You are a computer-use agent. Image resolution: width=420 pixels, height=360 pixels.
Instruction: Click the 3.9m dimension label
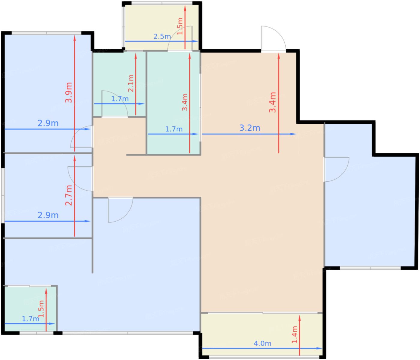(x=69, y=92)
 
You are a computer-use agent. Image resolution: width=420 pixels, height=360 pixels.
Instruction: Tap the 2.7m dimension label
(x=69, y=195)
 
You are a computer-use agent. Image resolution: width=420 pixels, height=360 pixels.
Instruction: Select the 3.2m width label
(x=250, y=128)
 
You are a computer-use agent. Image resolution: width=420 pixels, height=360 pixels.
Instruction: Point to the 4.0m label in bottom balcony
(x=262, y=343)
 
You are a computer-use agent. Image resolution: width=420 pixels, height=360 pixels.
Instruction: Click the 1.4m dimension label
(x=295, y=334)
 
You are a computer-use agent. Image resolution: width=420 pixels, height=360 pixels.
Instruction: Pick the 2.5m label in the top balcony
(x=162, y=37)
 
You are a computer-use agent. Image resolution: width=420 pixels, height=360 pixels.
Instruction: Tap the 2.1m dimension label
(x=131, y=83)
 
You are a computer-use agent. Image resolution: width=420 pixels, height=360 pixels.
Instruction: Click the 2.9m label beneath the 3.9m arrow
(x=48, y=123)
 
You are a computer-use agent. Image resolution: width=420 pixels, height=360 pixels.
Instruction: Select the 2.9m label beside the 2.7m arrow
(x=48, y=215)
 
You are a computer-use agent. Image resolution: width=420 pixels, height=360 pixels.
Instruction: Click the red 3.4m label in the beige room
(x=272, y=102)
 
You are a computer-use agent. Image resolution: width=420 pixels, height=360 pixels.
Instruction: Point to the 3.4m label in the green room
(x=185, y=102)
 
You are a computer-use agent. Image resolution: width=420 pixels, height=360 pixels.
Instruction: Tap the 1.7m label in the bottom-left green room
(x=31, y=319)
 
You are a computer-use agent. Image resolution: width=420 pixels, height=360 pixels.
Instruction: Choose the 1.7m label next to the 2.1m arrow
(x=120, y=99)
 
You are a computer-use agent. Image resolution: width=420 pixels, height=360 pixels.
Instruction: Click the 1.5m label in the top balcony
(x=180, y=26)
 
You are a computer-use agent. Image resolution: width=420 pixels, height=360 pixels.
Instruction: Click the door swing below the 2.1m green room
(x=115, y=104)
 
